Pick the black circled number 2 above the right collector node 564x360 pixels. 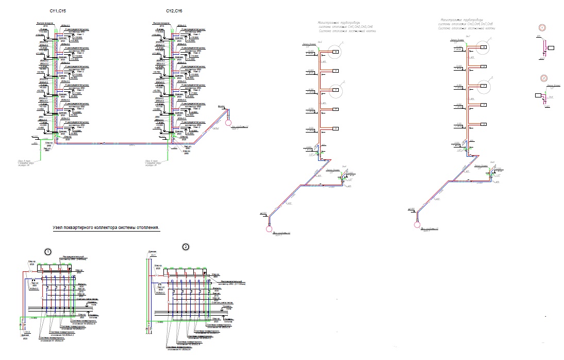(x=186, y=247)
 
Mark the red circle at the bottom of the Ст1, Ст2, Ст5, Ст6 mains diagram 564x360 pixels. (x=269, y=228)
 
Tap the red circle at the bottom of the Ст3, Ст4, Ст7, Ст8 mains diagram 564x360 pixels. (x=417, y=224)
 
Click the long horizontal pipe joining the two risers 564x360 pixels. (x=113, y=143)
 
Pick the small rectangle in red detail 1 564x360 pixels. (x=551, y=48)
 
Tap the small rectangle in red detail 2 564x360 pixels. (x=538, y=95)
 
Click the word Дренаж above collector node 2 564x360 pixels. (x=152, y=251)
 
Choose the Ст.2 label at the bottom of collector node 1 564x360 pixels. (x=28, y=332)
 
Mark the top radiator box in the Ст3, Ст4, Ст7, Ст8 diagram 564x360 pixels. (x=484, y=47)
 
